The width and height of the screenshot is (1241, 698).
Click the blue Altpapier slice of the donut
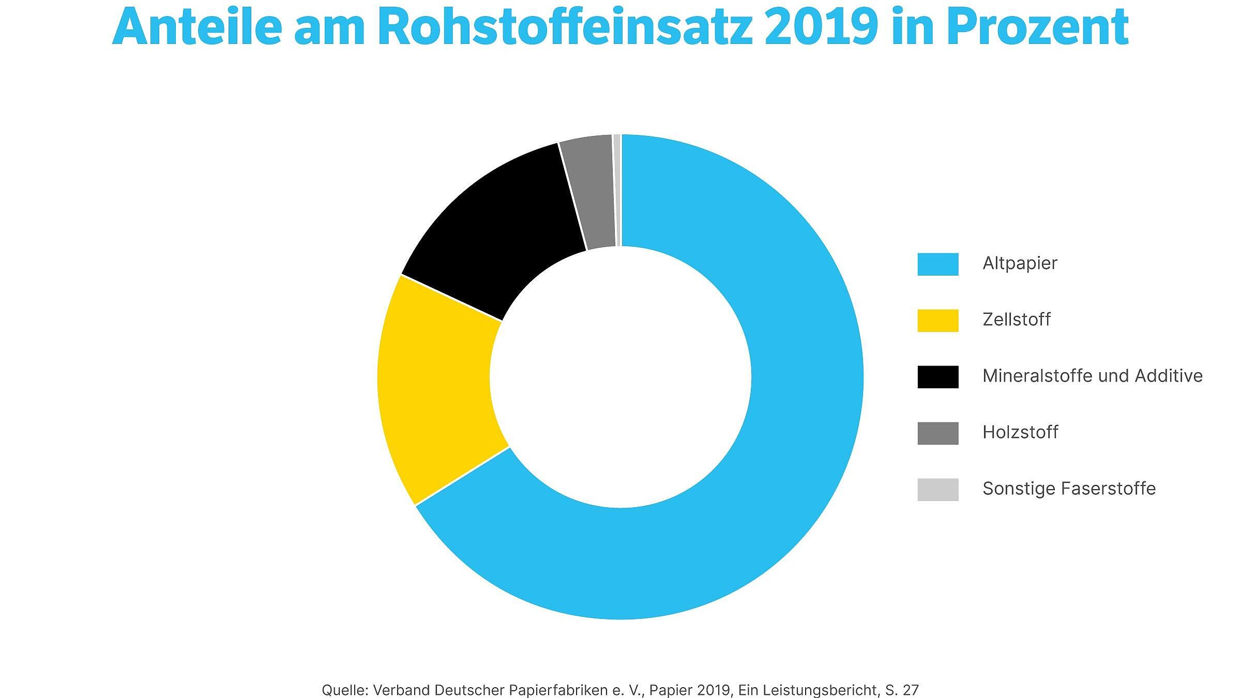[776, 465]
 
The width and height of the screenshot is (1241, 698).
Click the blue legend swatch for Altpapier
[937, 264]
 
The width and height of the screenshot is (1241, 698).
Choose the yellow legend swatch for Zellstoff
[937, 320]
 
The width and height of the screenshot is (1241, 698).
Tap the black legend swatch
[937, 376]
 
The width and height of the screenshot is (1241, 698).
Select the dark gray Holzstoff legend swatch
[937, 433]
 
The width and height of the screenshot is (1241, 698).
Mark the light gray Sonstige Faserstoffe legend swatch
[937, 489]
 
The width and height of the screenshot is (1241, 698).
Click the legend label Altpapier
[1020, 264]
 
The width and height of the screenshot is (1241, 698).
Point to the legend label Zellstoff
[1016, 320]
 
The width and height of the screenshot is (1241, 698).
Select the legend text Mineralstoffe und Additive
[1092, 376]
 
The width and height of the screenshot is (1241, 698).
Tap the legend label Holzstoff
[1020, 432]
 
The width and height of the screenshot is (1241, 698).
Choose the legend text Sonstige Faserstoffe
[1069, 489]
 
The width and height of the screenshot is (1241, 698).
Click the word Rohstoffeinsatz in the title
[564, 27]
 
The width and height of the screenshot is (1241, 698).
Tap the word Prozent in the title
[1037, 27]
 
